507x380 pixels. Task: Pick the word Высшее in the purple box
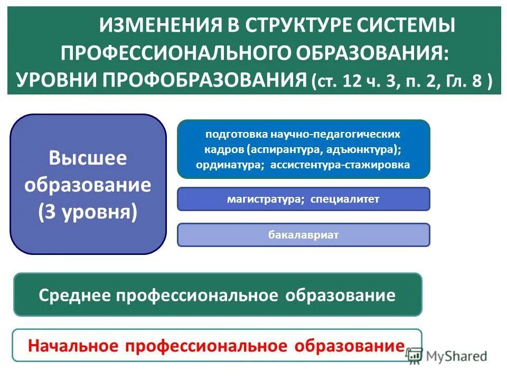[88, 158]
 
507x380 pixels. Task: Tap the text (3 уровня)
[88, 212]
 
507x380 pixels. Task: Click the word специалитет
[345, 199]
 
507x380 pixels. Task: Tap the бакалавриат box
[303, 235]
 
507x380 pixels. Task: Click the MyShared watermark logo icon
[415, 356]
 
